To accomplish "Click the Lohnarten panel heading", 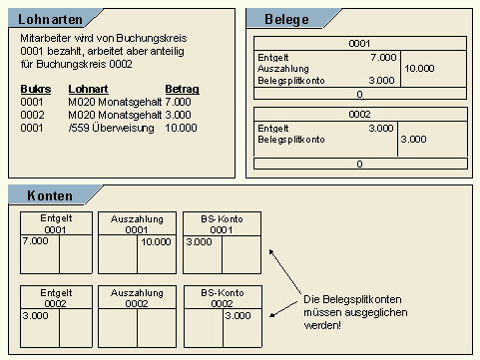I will (50, 19).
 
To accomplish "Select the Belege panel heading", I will (286, 19).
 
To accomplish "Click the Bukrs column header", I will (34, 89).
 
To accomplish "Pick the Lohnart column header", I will (87, 89).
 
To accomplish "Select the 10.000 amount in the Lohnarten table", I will (182, 129).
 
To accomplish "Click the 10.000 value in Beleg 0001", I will (419, 69).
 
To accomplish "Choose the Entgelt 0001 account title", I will (55, 223).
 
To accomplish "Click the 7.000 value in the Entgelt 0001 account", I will (34, 241).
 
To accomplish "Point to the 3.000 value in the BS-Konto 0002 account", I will (238, 315).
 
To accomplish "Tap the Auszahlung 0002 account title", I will (139, 297).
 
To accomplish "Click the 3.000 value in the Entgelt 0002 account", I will (34, 315).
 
